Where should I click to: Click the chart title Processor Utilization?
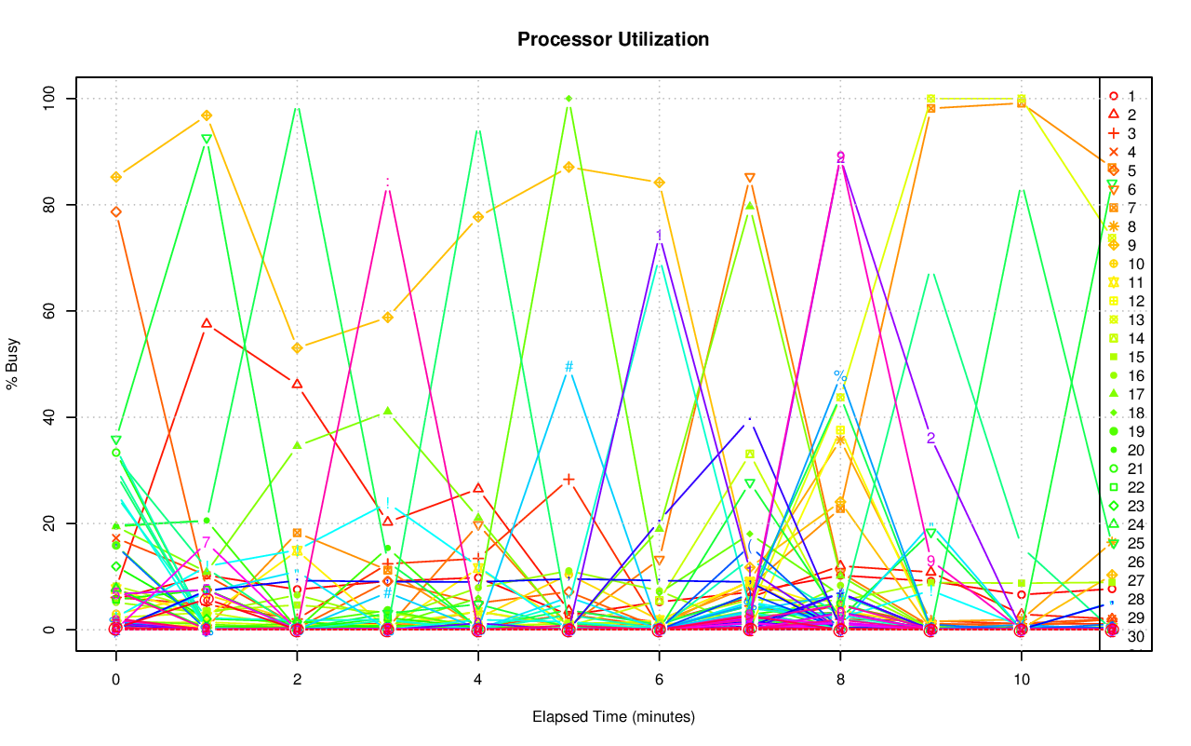tap(613, 39)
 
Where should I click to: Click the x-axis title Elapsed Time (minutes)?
tap(613, 717)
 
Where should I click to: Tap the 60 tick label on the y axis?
tap(54, 310)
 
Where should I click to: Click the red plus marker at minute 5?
tap(569, 480)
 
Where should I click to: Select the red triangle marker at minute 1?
tap(207, 323)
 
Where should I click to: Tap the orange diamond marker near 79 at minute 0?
tap(115, 211)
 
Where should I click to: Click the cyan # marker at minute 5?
tap(569, 366)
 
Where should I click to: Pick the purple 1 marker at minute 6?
tap(659, 236)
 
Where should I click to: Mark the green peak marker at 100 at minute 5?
tap(569, 98)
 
